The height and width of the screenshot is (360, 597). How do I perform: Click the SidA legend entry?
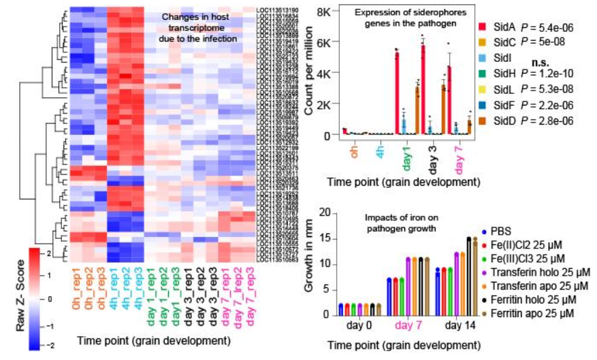coord(504,27)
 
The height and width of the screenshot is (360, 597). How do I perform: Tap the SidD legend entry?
coord(504,120)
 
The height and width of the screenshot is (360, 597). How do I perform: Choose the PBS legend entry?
coord(500,231)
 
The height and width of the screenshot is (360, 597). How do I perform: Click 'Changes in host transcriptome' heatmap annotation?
coord(201,27)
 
